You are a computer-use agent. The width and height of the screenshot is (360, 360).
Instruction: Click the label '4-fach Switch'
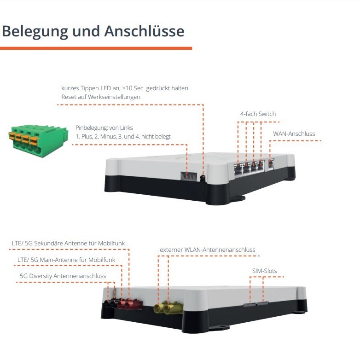point(258,114)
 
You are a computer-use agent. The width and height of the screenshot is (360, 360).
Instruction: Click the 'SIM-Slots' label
point(264,271)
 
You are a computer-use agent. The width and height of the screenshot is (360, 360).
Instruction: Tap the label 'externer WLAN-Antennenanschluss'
point(207,250)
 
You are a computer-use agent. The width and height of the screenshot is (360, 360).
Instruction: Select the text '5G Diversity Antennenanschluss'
point(63,276)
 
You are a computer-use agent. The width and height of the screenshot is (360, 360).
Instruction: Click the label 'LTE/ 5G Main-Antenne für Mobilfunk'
point(66,260)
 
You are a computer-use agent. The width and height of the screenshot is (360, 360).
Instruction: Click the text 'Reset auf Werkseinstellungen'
point(101,97)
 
